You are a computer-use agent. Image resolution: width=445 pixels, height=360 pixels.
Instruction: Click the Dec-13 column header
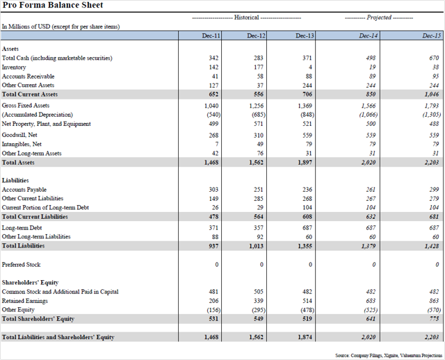coord(305,35)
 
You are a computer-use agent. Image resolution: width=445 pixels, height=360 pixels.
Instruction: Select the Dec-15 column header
coord(432,35)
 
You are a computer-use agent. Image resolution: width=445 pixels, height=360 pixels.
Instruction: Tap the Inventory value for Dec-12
coord(259,67)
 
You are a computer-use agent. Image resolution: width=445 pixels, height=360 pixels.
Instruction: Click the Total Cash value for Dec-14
coord(371,58)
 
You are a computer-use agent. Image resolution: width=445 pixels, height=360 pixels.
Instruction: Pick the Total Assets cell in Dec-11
coord(211,163)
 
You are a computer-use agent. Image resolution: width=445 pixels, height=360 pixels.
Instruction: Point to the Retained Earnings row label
coord(25,301)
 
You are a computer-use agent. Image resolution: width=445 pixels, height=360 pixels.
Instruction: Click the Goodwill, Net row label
coord(19,135)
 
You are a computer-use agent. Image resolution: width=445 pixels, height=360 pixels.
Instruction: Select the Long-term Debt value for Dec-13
coord(307,228)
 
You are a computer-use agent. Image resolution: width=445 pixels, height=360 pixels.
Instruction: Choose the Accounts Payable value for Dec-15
coord(434,190)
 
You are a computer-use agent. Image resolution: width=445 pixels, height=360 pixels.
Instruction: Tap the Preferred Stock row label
coord(21,265)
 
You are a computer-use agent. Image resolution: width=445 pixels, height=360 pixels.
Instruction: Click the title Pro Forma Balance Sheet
coord(53,5)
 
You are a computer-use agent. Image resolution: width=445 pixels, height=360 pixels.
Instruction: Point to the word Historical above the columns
coord(246,17)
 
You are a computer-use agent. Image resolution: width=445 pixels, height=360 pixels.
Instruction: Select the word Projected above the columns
coord(379,17)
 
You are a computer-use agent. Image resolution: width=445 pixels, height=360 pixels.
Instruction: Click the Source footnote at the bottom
coord(389,355)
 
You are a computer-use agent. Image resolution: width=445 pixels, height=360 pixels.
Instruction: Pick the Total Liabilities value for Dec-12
coord(257,246)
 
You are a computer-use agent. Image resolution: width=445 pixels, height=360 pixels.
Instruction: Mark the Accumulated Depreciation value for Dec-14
coord(368,115)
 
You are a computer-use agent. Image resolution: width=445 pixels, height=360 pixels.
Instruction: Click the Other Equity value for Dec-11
coord(213,310)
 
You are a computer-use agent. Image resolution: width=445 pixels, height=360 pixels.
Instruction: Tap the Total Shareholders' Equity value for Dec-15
coord(434,319)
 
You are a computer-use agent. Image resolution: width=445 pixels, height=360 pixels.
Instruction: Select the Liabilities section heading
coord(15,181)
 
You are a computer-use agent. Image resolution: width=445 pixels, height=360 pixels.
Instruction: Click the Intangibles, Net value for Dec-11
coord(217,145)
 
